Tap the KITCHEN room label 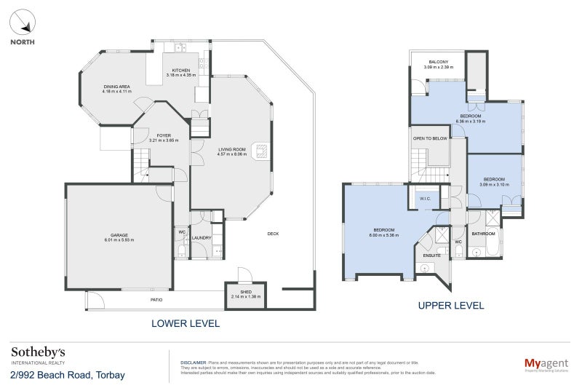coord(180,70)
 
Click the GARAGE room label coord(119,235)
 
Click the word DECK coord(273,234)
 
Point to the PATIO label coord(156,300)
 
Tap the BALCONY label coord(438,62)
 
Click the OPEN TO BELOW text coord(430,138)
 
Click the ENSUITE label coord(433,256)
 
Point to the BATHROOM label coord(483,234)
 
